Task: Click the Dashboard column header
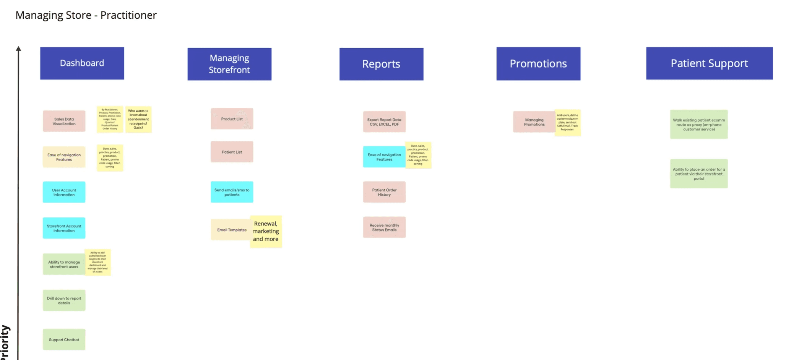coord(82,63)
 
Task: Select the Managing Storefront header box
coord(229,64)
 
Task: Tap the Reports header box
coord(381,64)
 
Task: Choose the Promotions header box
coord(538,63)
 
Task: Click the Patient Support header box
coord(709,63)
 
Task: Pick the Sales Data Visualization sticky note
coord(64,121)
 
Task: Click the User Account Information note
coord(64,192)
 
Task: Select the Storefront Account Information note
coord(64,228)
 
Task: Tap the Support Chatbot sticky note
coord(64,339)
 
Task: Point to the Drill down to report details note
coord(64,300)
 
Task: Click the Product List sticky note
coord(232,118)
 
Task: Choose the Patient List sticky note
coord(232,152)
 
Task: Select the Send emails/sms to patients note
coord(232,192)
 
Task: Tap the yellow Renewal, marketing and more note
coord(266,232)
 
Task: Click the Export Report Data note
coord(384,122)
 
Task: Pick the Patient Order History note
coord(384,192)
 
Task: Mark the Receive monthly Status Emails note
coord(384,227)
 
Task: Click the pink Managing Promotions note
coord(534,122)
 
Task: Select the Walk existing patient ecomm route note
coord(698,125)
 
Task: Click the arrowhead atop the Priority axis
coord(18,49)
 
